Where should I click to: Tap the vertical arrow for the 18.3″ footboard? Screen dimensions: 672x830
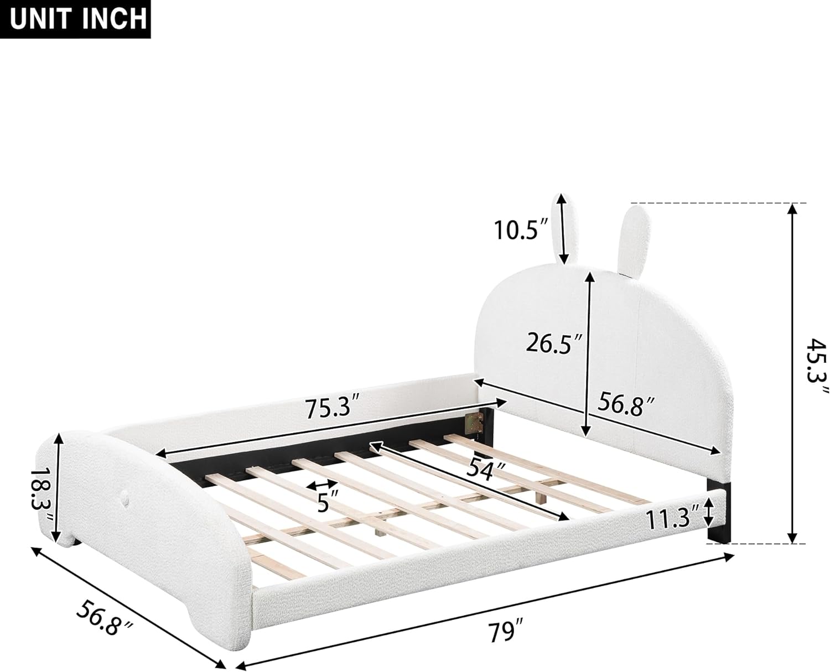[56, 487]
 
